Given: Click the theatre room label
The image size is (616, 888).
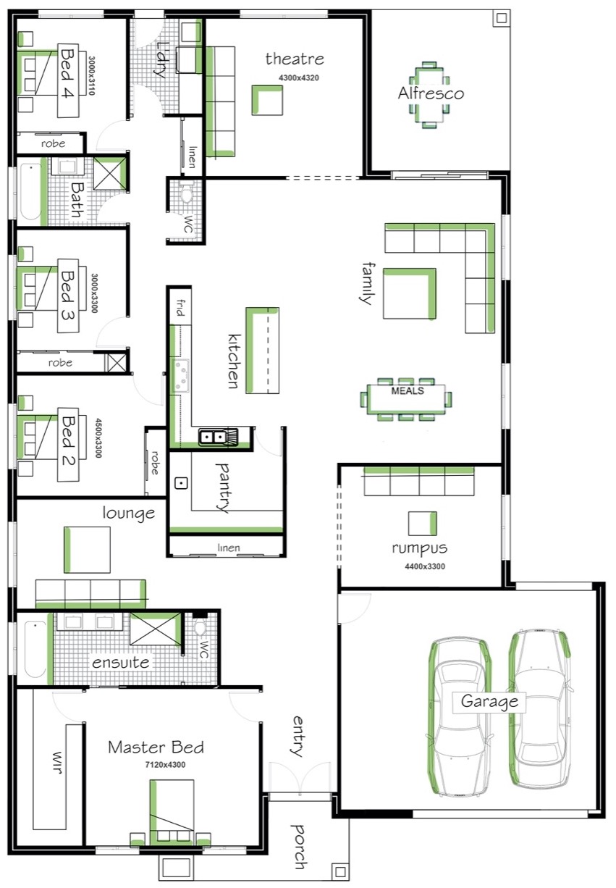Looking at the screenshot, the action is click(295, 59).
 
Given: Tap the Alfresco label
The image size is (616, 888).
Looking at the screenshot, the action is click(431, 93).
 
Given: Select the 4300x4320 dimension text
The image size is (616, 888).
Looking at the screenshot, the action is click(299, 78).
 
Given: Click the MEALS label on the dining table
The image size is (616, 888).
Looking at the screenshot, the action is click(408, 391).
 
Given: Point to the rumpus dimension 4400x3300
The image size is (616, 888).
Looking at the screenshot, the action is click(425, 566).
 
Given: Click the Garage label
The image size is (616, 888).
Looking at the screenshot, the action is click(489, 702).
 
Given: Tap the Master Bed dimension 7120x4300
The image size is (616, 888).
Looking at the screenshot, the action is click(165, 765).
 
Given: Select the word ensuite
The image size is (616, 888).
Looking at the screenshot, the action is click(121, 663).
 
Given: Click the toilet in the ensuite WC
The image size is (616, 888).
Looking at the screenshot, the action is click(200, 627).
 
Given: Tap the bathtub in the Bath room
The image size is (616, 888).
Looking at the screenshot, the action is click(30, 192).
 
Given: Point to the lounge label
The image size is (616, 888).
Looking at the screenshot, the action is click(128, 513).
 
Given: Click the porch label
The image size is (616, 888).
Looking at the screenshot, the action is click(298, 847).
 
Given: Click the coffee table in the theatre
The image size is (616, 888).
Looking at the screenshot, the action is click(267, 100).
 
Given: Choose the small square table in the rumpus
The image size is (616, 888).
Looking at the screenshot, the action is click(423, 523).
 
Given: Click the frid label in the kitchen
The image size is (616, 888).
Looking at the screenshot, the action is click(180, 308).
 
